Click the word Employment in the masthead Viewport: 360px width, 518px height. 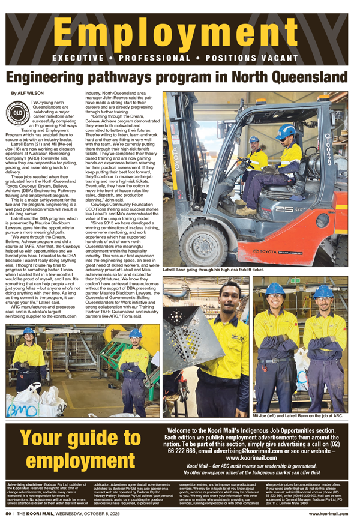pyautogui.click(x=180, y=35)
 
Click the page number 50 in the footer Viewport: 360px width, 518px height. pyautogui.click(x=9, y=514)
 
